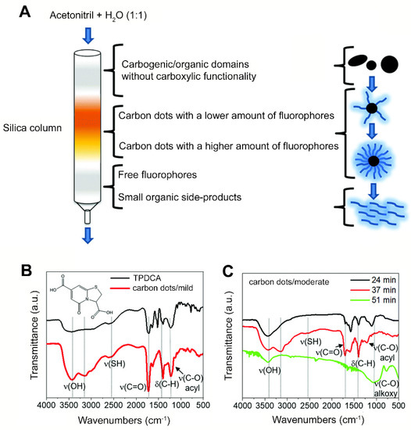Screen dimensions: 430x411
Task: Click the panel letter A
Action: [15, 9]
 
